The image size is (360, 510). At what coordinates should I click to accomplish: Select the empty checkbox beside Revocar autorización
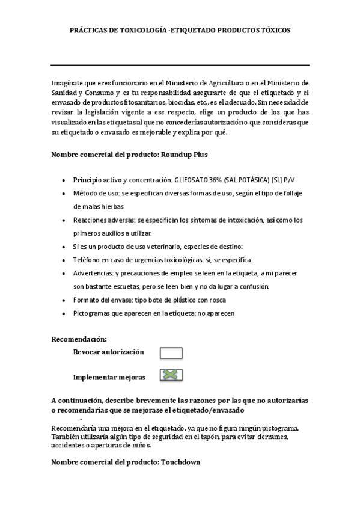(x=171, y=353)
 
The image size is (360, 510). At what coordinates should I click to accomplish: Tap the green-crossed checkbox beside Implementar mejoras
(x=171, y=375)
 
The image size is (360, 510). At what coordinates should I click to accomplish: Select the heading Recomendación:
(x=79, y=339)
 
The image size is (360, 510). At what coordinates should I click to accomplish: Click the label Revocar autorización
(x=108, y=352)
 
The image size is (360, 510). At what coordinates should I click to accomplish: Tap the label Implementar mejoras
(x=109, y=377)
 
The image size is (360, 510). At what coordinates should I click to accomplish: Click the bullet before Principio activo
(x=64, y=180)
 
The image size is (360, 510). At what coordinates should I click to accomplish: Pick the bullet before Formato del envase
(x=64, y=300)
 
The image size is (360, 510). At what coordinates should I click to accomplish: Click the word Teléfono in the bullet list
(x=87, y=260)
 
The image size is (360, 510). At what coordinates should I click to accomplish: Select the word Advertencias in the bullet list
(x=93, y=273)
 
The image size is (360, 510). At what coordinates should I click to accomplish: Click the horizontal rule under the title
(x=180, y=65)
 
